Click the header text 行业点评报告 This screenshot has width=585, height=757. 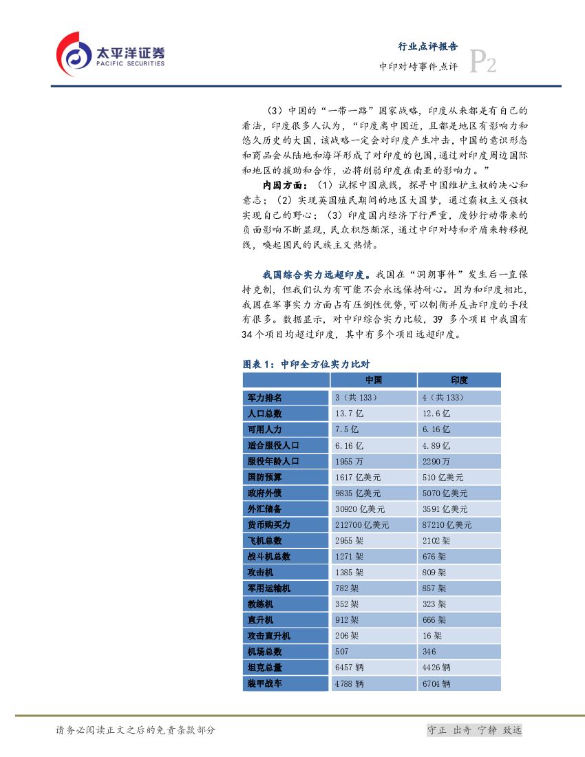[x=428, y=47]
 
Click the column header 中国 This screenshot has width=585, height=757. [x=373, y=381]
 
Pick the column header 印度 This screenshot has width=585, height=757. [x=459, y=381]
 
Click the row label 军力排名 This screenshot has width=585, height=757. [x=265, y=398]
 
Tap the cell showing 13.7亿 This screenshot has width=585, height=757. [x=347, y=414]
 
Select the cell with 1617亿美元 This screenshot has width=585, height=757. [x=355, y=477]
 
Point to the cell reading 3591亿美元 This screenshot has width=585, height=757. [x=445, y=509]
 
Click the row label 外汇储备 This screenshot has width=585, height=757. [x=265, y=509]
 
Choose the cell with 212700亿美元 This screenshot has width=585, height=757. [x=361, y=524]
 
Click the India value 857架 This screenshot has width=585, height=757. [x=434, y=588]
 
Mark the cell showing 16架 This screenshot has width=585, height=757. [x=432, y=635]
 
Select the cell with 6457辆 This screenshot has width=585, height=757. [x=349, y=667]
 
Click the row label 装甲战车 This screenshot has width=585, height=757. [x=265, y=683]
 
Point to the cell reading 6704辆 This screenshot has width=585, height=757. [x=436, y=683]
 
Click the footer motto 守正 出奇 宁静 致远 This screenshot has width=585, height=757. [x=474, y=730]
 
